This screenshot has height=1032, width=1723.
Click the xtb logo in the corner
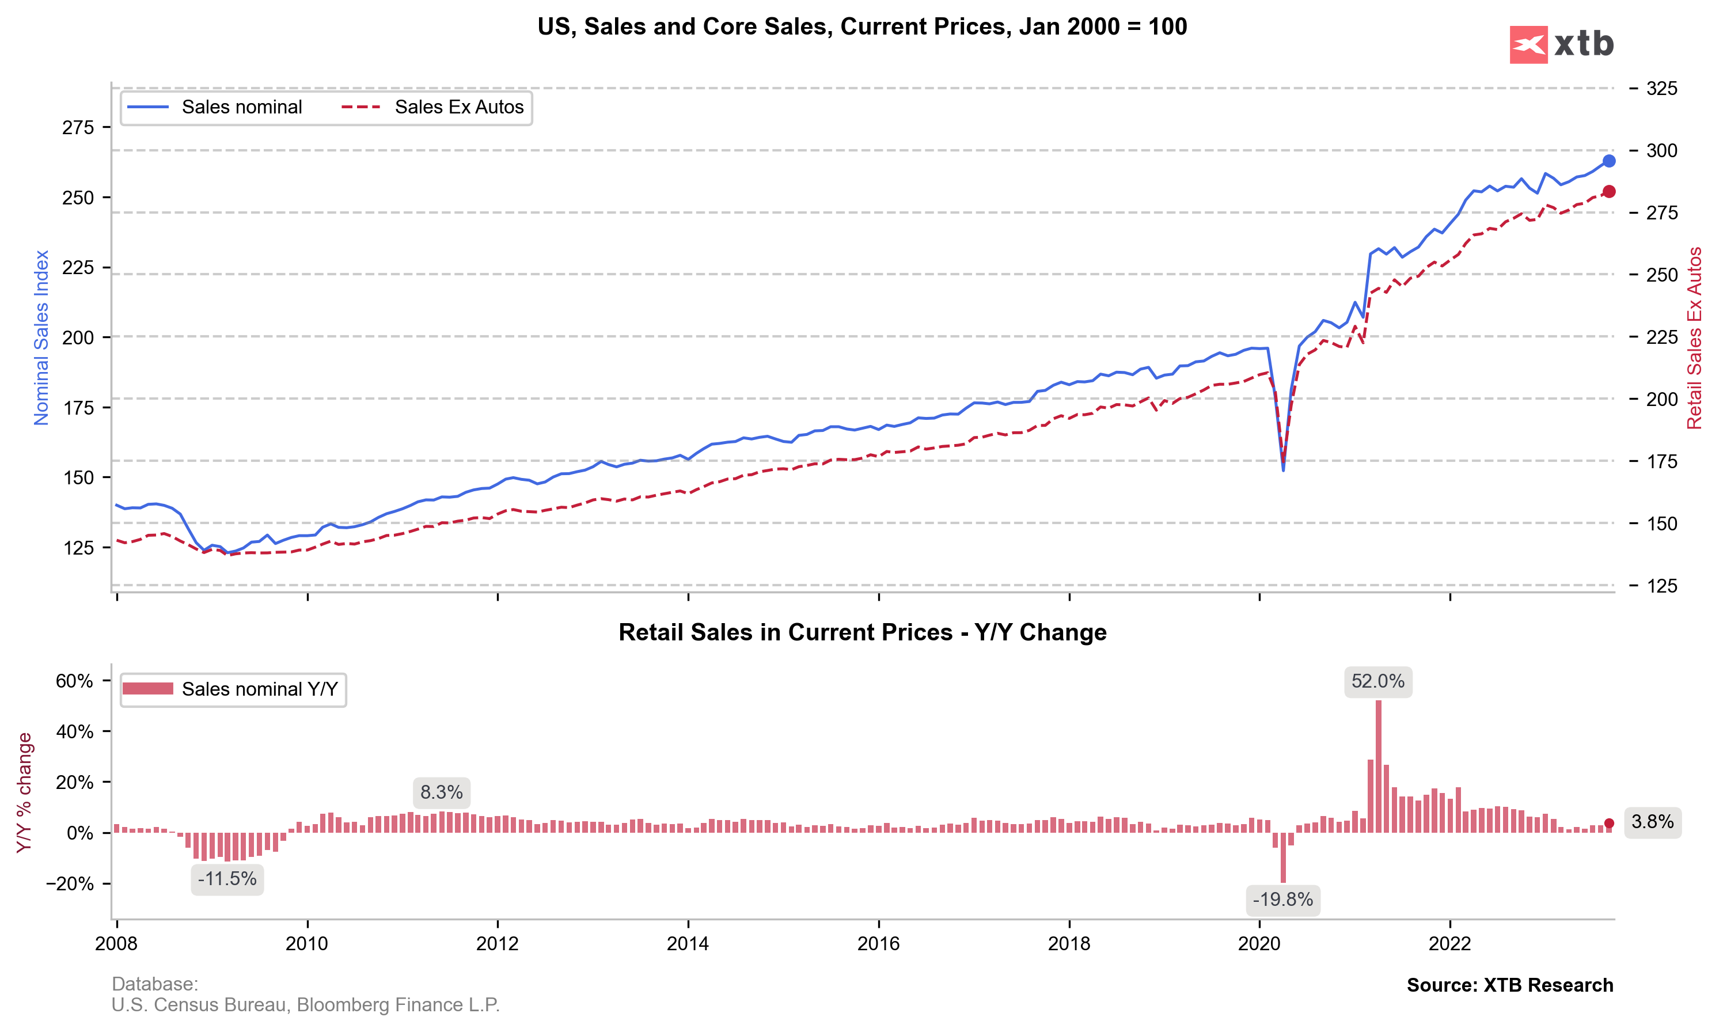1561,44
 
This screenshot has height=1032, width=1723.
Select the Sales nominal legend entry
215,107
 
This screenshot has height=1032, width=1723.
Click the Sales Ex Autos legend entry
432,107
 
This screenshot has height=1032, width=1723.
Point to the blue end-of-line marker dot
1608,161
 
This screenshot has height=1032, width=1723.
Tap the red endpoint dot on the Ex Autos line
1608,192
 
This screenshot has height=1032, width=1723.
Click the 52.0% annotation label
1377,681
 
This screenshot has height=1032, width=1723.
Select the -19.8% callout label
1282,900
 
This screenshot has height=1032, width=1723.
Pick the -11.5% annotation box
227,879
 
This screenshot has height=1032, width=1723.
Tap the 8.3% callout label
442,792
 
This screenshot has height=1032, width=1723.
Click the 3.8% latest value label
1652,822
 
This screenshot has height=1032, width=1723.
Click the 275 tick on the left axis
77,127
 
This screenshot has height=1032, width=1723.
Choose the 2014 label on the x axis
688,944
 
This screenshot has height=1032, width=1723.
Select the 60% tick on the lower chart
74,681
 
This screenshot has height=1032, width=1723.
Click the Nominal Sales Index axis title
41,338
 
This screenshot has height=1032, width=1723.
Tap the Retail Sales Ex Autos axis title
1694,338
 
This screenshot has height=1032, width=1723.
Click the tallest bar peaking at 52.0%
1378,765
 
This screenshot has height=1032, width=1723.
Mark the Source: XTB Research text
1509,985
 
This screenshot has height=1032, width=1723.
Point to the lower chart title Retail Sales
862,632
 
